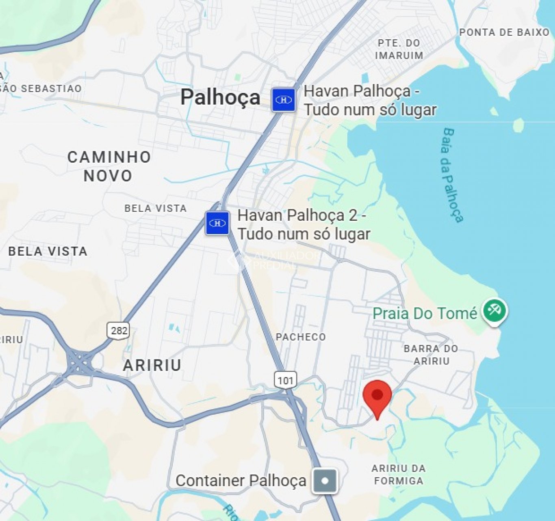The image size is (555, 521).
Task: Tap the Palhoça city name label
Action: tap(220, 97)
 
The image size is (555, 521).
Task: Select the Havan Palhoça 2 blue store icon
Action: tap(217, 223)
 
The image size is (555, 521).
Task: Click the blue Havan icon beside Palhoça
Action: tap(284, 100)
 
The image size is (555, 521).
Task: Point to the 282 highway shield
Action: tap(119, 330)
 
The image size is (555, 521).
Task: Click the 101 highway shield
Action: tap(286, 380)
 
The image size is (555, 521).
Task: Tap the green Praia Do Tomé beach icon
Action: tap(494, 311)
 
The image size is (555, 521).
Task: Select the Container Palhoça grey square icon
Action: tap(325, 481)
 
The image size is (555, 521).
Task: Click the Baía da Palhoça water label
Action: tap(453, 175)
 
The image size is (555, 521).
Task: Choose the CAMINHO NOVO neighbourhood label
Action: tap(109, 166)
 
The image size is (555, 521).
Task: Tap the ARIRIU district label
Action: tap(152, 365)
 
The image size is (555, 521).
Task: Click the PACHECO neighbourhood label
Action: tap(301, 337)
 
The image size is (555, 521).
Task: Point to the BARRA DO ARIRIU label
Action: tap(431, 355)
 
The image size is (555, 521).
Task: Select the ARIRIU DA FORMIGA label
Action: tap(399, 474)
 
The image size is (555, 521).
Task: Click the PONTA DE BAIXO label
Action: tap(504, 32)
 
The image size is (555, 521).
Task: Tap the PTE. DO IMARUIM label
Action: tap(399, 49)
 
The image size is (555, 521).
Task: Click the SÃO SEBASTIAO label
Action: tap(41, 88)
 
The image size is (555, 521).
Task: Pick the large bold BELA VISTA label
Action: tap(48, 251)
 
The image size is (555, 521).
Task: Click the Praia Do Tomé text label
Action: tap(425, 313)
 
